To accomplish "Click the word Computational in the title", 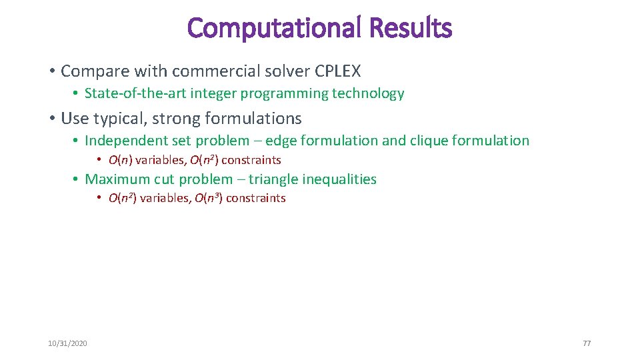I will click(x=274, y=28).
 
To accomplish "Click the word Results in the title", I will click(x=410, y=28).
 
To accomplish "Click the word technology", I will click(x=370, y=93).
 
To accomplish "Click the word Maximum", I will click(x=117, y=179).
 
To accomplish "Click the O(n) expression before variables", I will click(x=121, y=160).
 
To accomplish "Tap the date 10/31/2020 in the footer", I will click(x=67, y=343).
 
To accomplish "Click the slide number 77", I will click(x=587, y=343).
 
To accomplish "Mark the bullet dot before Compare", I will click(x=51, y=71).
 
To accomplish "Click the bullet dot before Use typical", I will click(x=51, y=119).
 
